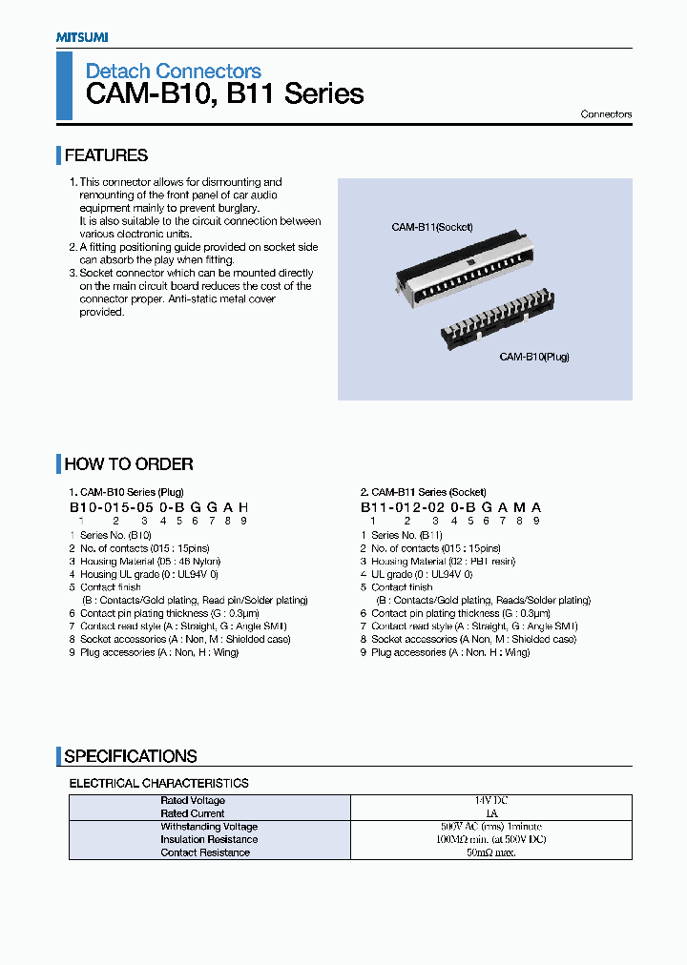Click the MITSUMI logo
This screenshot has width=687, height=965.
point(81,36)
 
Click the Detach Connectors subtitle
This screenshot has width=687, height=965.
point(173,71)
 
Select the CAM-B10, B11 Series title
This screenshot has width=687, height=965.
point(224,94)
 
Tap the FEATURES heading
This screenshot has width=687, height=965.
point(106,155)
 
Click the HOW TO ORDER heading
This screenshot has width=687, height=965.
point(128,464)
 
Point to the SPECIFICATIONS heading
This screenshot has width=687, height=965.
point(130,756)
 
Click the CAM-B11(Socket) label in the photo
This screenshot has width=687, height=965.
point(431,227)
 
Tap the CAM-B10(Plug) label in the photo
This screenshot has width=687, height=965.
point(533,357)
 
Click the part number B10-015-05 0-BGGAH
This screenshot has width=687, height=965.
point(158,508)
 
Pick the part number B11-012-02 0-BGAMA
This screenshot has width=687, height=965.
point(450,508)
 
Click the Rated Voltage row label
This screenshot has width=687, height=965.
point(193,801)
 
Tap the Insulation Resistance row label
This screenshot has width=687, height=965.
point(208,840)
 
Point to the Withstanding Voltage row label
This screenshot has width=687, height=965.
point(207,827)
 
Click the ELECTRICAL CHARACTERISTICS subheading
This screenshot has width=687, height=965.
point(158,783)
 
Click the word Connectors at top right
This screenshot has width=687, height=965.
point(606,114)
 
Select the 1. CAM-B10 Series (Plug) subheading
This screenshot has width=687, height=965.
point(128,492)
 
